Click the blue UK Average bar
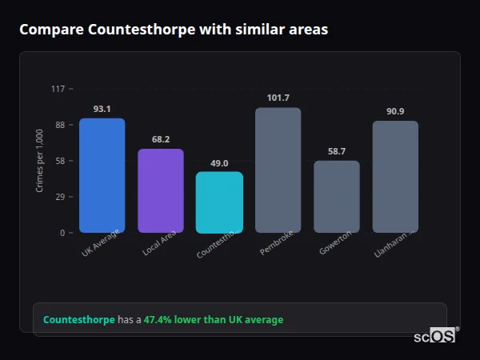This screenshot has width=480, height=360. coord(102,175)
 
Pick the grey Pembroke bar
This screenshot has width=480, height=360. coord(278,170)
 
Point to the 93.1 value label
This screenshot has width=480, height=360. coord(102,109)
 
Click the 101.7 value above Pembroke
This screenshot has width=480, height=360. coord(278,98)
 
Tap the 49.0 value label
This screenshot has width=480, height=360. coord(219,162)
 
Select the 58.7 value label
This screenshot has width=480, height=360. coord(336,151)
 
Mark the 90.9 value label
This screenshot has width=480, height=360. coord(395,111)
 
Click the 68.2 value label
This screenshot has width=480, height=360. coord(160,139)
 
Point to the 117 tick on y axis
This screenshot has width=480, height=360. coord(58,89)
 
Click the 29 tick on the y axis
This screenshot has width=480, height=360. coord(60,197)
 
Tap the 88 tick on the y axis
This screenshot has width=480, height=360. coord(60,125)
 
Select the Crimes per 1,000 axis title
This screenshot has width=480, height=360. coord(40,160)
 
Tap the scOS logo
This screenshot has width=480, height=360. coord(435,336)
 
